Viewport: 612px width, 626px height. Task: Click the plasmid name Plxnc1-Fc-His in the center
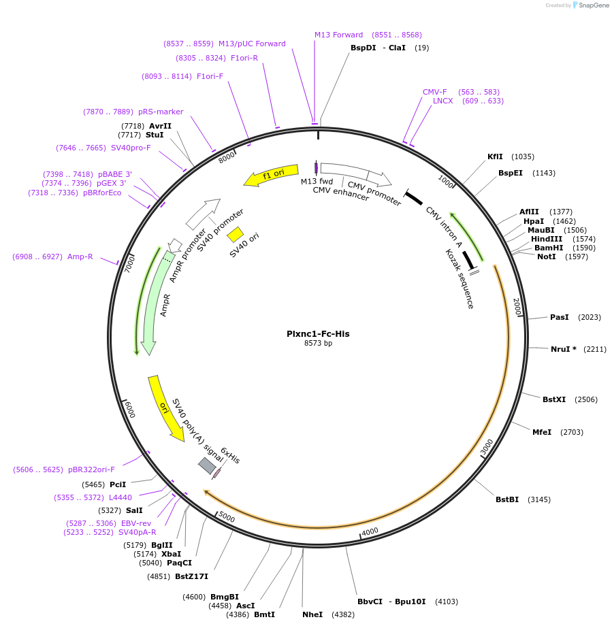(318, 333)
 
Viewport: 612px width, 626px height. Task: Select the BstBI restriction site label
(506, 499)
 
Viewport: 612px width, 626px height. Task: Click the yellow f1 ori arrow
(272, 175)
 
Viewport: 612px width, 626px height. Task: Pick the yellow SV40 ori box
(236, 234)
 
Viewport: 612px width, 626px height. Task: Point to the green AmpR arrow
(152, 299)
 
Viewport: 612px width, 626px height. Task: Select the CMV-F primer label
(434, 92)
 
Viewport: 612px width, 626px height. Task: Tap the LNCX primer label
(442, 101)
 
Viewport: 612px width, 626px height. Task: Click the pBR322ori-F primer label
(91, 469)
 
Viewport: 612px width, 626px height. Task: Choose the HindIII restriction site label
(547, 239)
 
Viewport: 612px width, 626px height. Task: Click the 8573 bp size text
(318, 344)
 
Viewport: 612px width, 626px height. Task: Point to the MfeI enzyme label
(541, 432)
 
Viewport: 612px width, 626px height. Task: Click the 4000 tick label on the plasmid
(370, 531)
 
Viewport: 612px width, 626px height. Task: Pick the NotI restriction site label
(546, 257)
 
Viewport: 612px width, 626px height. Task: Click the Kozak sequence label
(459, 279)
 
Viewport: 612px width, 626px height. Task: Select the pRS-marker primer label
(161, 112)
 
